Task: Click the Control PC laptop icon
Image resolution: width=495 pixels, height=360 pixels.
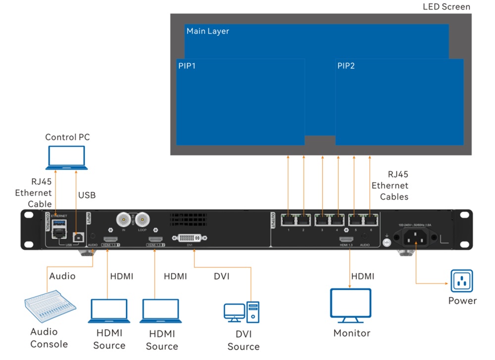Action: (x=67, y=158)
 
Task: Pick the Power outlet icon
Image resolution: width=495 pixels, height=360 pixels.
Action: (x=461, y=281)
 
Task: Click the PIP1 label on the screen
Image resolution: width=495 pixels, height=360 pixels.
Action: (x=187, y=66)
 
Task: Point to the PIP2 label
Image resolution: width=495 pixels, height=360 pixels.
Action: (x=346, y=66)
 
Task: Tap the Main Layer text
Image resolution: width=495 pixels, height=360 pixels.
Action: (x=207, y=31)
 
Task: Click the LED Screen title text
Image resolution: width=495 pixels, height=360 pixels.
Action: (x=446, y=7)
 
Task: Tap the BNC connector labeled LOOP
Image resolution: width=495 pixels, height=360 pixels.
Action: (x=143, y=219)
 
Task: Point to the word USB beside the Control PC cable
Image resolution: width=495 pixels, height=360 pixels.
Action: (x=87, y=195)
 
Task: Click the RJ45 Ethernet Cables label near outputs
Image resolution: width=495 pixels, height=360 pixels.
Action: (x=391, y=185)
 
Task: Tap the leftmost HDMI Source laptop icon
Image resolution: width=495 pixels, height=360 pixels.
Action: (x=109, y=311)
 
